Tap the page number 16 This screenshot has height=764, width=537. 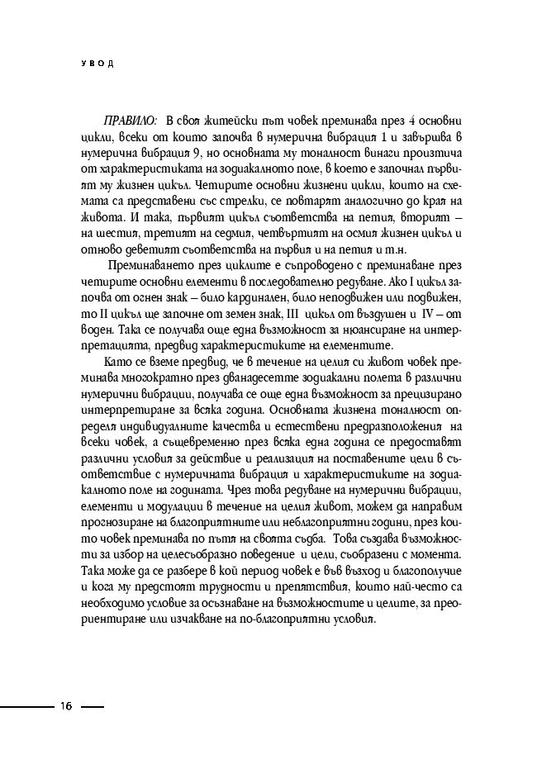pyautogui.click(x=66, y=706)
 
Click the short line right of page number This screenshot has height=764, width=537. pyautogui.click(x=93, y=707)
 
